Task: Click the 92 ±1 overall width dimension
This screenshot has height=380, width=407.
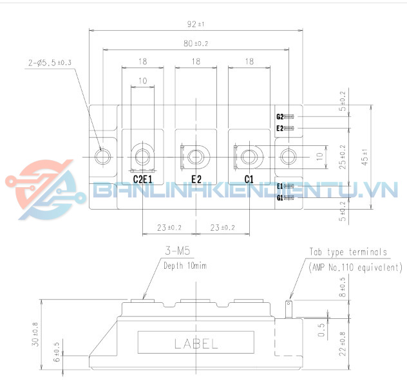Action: click(195, 24)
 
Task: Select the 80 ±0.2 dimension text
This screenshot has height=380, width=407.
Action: click(195, 43)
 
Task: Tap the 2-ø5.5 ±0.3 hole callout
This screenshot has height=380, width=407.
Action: click(50, 62)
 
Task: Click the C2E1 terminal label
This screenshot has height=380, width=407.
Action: click(142, 179)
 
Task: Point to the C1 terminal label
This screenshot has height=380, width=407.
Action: click(249, 179)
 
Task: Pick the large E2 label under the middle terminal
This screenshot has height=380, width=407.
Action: click(196, 179)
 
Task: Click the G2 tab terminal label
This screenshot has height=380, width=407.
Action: click(280, 117)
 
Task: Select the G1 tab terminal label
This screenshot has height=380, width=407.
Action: click(280, 197)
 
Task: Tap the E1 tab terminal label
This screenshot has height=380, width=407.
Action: click(280, 186)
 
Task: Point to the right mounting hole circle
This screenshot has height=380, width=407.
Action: click(288, 156)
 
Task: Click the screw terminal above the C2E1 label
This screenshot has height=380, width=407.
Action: click(142, 156)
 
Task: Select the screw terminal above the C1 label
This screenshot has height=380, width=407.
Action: click(249, 156)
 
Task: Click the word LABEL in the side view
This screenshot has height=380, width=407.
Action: click(196, 343)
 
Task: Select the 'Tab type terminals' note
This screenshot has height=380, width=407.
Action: click(348, 252)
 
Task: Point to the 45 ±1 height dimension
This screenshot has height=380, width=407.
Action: click(364, 156)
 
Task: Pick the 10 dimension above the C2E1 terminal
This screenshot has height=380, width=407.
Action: click(142, 81)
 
